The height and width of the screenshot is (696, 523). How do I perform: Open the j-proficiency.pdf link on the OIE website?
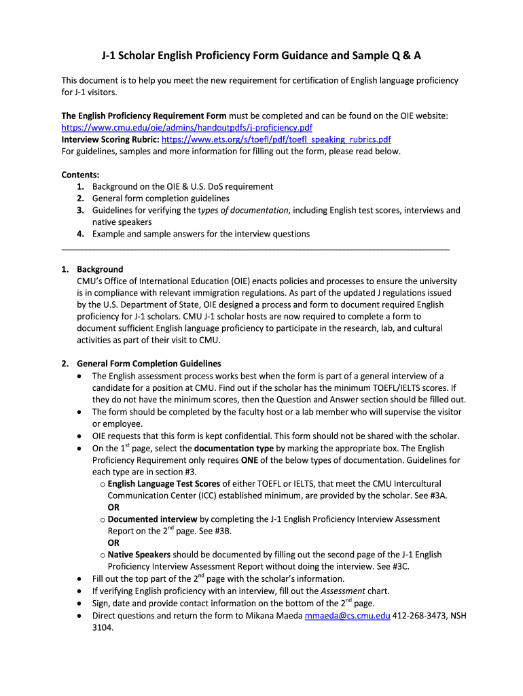tap(187, 127)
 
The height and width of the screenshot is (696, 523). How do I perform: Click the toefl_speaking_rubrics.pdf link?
tap(276, 139)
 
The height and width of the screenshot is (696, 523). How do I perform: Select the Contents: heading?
tap(80, 175)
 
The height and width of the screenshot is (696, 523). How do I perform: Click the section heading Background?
tap(100, 269)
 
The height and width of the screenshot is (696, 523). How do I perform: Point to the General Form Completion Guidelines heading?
tap(149, 364)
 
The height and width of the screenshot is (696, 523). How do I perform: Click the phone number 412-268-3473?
tap(418, 616)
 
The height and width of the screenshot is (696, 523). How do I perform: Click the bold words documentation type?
tap(234, 449)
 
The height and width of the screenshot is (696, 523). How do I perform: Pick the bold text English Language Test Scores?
tap(164, 484)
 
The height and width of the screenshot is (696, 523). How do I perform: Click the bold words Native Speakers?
tap(139, 555)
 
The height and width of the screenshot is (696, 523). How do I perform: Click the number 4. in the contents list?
tap(81, 234)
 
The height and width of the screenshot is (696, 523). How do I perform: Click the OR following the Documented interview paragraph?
tap(113, 542)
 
